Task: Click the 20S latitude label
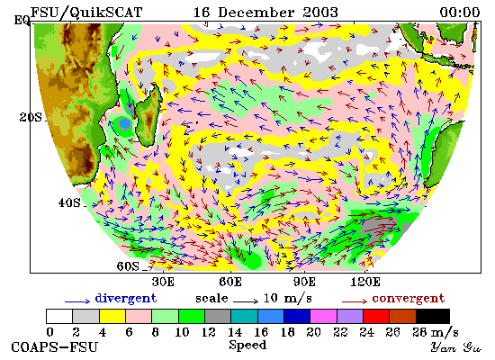pyautogui.click(x=31, y=118)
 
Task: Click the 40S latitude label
pyautogui.click(x=69, y=202)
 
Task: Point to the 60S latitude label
pyautogui.click(x=128, y=266)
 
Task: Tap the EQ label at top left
pyautogui.click(x=22, y=21)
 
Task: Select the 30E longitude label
pyautogui.click(x=163, y=282)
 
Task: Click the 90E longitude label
pyautogui.click(x=304, y=282)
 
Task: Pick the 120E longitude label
pyautogui.click(x=365, y=282)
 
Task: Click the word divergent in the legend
pyautogui.click(x=126, y=299)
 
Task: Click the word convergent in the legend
pyautogui.click(x=409, y=299)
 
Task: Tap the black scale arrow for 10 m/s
pyautogui.click(x=246, y=301)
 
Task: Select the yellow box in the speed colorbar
pyautogui.click(x=112, y=317)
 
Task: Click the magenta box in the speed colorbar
pyautogui.click(x=324, y=317)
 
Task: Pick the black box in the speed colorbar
pyautogui.click(x=433, y=317)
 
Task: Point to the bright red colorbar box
pyautogui.click(x=376, y=317)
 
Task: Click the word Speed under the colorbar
pyautogui.click(x=247, y=346)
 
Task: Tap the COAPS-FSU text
pyautogui.click(x=55, y=347)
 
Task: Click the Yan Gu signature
pyautogui.click(x=456, y=347)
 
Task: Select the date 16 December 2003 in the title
pyautogui.click(x=265, y=13)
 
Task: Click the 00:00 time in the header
pyautogui.click(x=460, y=13)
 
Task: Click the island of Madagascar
pyautogui.click(x=149, y=116)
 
